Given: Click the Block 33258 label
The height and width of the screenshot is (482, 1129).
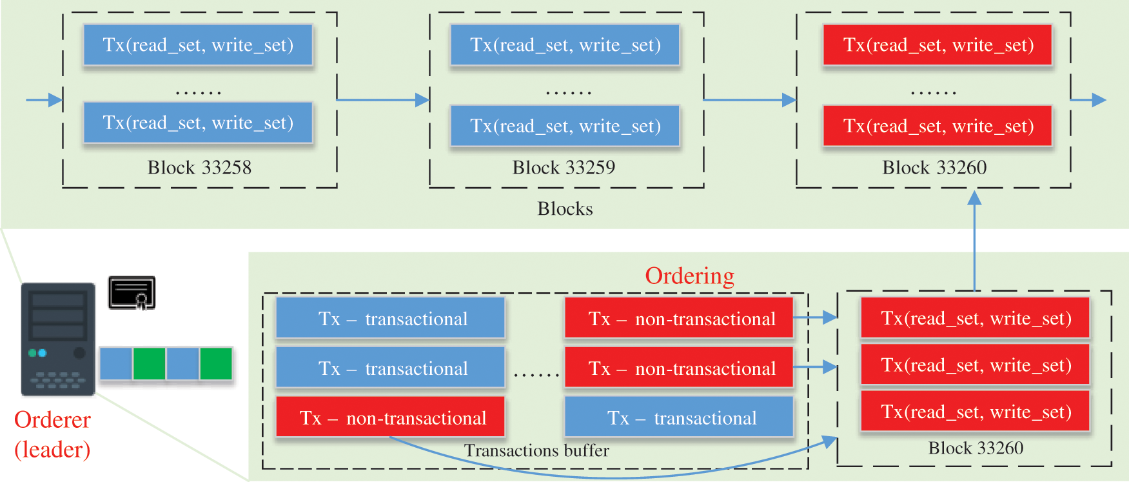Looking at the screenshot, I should click(199, 168).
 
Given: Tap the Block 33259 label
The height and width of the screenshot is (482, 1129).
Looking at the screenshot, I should click(564, 168).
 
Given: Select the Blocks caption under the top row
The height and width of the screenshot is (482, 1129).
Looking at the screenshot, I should click(565, 209).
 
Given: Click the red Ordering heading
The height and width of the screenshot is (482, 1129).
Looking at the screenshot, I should click(689, 276).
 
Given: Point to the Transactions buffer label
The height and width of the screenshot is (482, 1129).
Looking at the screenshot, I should click(536, 450).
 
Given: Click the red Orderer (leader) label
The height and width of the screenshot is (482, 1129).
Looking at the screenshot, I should click(52, 434).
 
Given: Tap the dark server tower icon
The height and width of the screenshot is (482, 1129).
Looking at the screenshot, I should click(58, 339).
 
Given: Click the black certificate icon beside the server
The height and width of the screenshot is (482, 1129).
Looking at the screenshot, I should click(132, 293).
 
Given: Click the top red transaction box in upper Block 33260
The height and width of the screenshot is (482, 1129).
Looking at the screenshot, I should click(938, 45).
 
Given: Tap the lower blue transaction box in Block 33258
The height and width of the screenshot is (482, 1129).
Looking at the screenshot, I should click(198, 123).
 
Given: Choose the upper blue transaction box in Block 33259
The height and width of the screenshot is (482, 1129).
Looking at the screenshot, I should click(565, 45).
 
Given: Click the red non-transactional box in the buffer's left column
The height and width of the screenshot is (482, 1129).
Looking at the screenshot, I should click(390, 418).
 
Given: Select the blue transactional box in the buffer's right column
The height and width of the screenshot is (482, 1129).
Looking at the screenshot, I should click(679, 418).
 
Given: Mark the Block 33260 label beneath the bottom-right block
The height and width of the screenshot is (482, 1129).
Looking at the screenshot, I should click(975, 448).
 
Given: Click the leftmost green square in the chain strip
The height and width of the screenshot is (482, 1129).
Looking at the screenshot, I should click(149, 364).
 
